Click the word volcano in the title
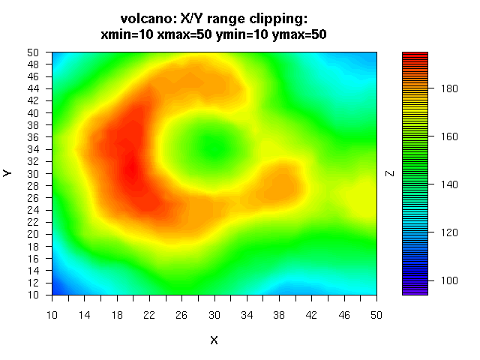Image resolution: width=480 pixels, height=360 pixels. [x=144, y=19]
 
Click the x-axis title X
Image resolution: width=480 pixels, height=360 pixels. [x=214, y=340]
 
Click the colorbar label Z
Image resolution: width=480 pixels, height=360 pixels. [x=389, y=173]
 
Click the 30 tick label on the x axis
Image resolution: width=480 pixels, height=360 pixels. [x=214, y=315]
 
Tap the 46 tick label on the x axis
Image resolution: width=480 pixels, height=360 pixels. [x=344, y=315]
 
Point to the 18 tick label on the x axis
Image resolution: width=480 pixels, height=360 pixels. [x=116, y=315]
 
